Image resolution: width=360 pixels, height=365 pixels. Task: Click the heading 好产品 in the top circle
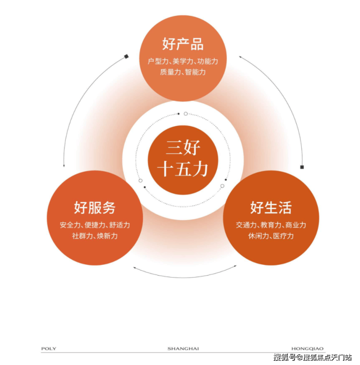point(183,44)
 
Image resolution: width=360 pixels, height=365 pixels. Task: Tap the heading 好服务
point(94,208)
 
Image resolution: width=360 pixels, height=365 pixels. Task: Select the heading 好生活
point(271,208)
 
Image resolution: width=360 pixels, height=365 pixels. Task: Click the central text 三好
point(183,148)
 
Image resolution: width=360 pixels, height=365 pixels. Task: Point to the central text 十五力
point(183,169)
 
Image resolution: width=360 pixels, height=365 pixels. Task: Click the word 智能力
point(195,72)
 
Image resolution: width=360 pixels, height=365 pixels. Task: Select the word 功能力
point(208,61)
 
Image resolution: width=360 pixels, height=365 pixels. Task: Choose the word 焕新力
point(107,236)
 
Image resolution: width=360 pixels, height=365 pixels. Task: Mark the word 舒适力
point(120,225)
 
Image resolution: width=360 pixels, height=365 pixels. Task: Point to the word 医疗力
point(283,236)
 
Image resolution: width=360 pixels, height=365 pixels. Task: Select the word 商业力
point(296,225)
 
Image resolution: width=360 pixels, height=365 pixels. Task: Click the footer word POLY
point(49,348)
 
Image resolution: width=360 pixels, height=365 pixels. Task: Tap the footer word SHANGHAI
point(183,348)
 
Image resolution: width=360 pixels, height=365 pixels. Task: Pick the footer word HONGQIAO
point(307,348)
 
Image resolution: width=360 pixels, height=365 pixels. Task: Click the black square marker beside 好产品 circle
point(126,56)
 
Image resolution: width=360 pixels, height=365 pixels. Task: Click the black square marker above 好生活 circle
point(302,167)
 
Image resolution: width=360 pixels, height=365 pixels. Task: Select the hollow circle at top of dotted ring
point(186,114)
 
